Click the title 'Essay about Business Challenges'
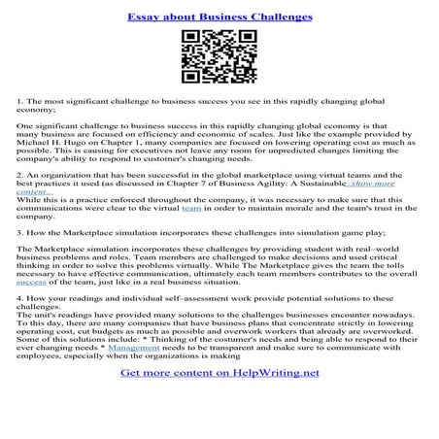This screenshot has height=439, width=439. (219, 17)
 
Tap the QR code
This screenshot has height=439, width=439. (219, 57)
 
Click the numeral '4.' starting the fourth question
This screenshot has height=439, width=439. (20, 300)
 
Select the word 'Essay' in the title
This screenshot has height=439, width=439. (146, 17)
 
